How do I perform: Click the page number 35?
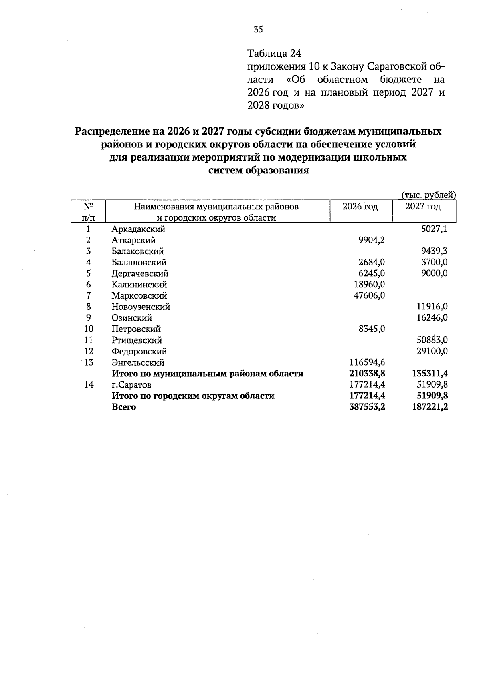click(258, 29)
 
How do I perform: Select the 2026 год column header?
click(360, 207)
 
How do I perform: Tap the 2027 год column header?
click(422, 207)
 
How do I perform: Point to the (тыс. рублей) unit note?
click(428, 195)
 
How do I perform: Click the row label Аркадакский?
click(138, 229)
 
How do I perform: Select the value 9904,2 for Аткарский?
click(371, 240)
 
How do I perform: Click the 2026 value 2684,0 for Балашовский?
click(371, 263)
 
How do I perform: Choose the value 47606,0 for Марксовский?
click(367, 296)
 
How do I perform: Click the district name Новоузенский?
click(141, 307)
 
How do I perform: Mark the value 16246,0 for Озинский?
click(430, 318)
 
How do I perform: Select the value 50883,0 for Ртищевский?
click(430, 340)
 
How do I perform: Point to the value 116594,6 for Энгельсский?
click(365, 362)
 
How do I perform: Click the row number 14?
click(89, 385)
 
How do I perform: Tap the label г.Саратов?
click(131, 385)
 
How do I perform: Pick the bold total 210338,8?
click(365, 374)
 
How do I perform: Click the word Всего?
click(124, 407)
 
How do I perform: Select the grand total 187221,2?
click(430, 407)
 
